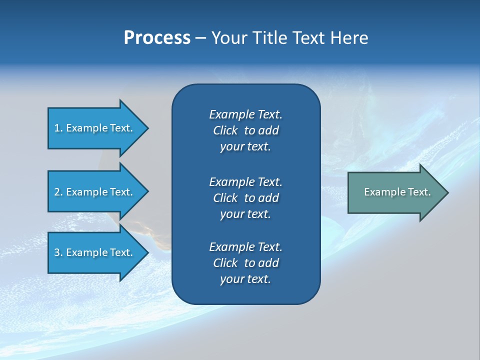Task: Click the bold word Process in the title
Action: click(157, 38)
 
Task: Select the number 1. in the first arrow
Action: click(58, 128)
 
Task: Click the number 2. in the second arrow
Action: click(58, 192)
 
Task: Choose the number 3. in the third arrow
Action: click(58, 252)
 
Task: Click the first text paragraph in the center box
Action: click(245, 130)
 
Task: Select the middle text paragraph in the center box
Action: click(245, 198)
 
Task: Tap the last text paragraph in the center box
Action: click(245, 263)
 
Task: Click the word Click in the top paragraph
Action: click(225, 131)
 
